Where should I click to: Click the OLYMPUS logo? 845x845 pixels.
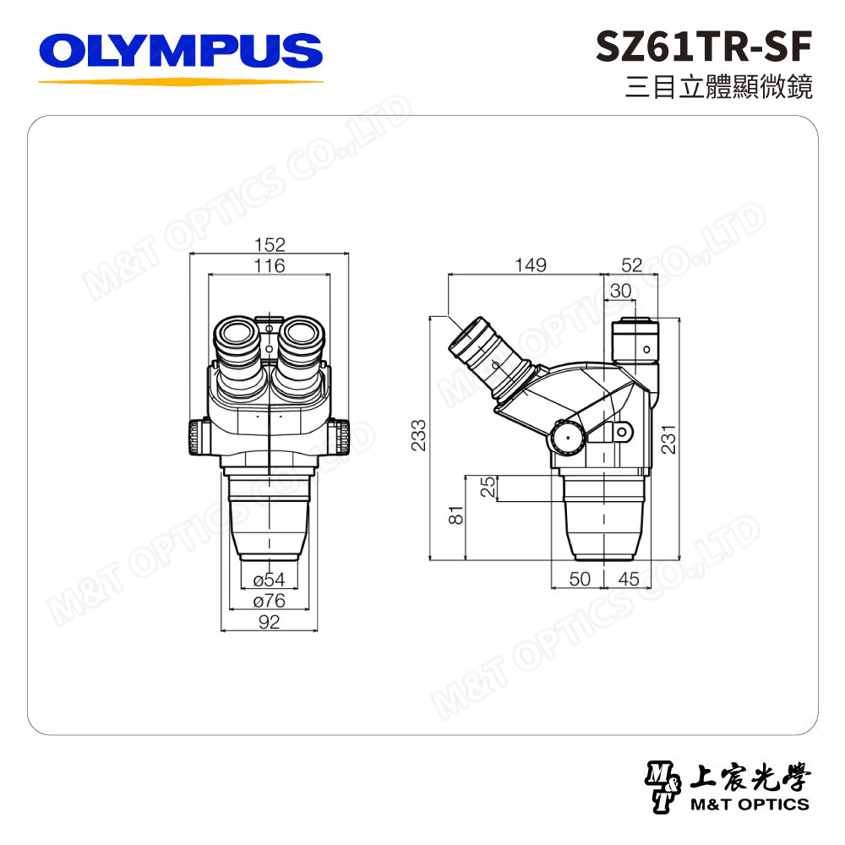181,51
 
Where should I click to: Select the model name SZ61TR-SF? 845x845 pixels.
704,47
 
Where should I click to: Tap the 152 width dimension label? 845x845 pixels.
270,245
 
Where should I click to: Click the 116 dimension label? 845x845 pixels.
270,266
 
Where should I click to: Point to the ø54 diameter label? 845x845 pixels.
269,580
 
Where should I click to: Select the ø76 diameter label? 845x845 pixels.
269,601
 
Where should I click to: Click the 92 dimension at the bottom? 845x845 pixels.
269,623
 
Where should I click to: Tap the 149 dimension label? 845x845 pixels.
530,265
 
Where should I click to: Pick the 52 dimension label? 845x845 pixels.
631,265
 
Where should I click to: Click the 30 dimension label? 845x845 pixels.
620,291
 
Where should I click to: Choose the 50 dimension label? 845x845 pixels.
579,579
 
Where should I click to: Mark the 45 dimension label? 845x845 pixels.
628,579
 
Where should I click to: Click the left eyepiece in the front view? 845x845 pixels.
240,341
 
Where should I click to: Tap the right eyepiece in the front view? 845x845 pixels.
299,341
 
